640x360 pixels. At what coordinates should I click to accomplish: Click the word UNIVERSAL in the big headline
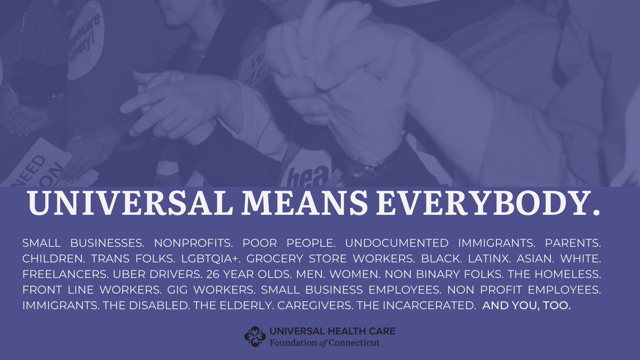coord(130,203)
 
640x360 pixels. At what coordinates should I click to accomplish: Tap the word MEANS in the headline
coord(305,203)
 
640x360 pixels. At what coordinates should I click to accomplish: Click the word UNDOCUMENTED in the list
coord(397,243)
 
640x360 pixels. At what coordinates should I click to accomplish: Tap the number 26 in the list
coord(213,274)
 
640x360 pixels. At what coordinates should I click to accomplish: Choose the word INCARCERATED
coord(429,306)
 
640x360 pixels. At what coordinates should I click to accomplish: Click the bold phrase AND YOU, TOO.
coord(526,306)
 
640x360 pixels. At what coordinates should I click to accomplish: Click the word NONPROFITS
coord(194,243)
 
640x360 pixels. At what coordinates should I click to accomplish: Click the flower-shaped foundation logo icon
coord(255,337)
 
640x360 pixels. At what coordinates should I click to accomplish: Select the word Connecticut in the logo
coord(354,343)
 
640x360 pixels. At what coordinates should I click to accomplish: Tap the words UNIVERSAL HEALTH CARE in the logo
coord(333,331)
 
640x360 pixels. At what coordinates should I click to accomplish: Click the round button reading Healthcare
coord(85,40)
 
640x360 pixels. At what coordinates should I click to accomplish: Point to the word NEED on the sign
coord(29,169)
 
